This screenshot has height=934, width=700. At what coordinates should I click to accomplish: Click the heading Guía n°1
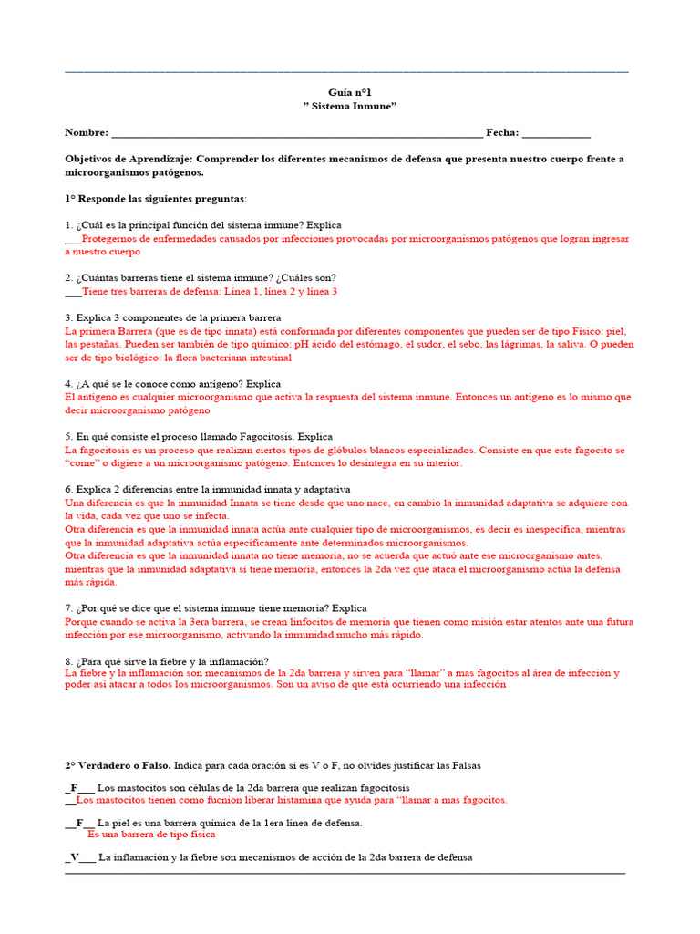(350, 92)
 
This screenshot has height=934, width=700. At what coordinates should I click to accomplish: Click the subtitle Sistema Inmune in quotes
(350, 107)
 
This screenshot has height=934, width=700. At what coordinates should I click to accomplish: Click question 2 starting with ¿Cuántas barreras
(200, 277)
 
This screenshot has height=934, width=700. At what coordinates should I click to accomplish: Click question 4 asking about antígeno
(172, 384)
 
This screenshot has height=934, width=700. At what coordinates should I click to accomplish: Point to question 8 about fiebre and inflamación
(166, 661)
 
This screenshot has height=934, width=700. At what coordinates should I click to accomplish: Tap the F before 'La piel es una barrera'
(79, 823)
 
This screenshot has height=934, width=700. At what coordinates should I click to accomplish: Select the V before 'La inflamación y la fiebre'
(74, 857)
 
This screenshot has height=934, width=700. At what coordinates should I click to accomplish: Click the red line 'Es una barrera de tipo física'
(151, 834)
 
